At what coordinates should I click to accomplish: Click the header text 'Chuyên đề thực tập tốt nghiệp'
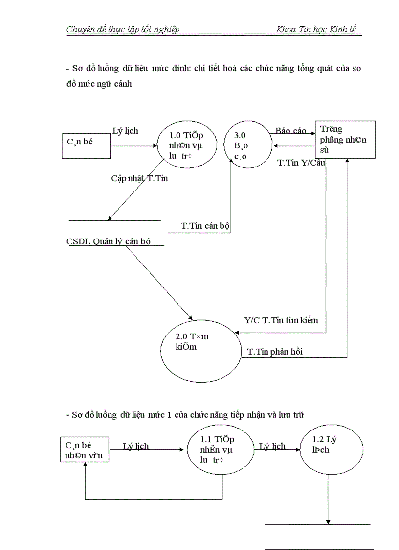click(x=123, y=30)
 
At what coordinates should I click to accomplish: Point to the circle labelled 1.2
click(x=332, y=450)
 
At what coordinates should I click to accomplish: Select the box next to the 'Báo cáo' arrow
click(x=345, y=140)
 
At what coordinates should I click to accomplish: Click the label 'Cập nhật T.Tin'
click(x=139, y=178)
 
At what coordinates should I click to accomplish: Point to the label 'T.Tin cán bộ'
click(x=205, y=226)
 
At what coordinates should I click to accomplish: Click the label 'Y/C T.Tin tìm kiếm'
click(x=281, y=321)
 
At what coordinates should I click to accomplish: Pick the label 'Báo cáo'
click(x=290, y=131)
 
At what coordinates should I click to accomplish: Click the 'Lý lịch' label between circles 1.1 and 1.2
click(x=272, y=446)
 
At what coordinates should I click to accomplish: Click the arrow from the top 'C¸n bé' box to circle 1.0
click(x=134, y=146)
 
